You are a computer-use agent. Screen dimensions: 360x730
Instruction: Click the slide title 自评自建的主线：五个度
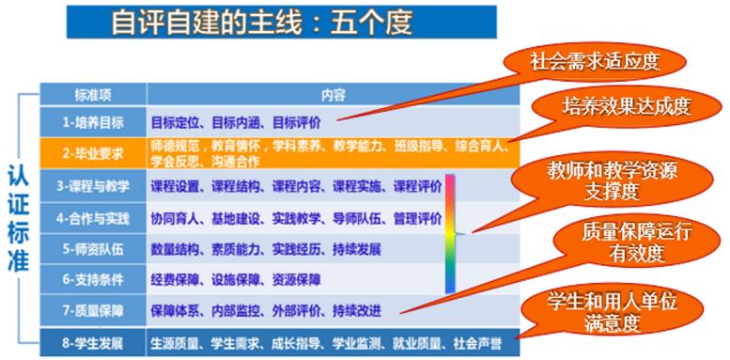pyautogui.click(x=261, y=22)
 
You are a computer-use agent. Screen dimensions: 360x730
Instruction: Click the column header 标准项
pyautogui.click(x=93, y=95)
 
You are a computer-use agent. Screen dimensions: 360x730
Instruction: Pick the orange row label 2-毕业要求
pyautogui.click(x=95, y=151)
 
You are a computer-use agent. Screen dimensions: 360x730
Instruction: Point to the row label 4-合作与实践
pyautogui.click(x=93, y=217)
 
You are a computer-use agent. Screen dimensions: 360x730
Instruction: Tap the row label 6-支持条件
pyautogui.click(x=93, y=279)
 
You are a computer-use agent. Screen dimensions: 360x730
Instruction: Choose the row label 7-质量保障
pyautogui.click(x=93, y=309)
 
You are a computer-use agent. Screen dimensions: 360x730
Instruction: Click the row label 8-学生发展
pyautogui.click(x=93, y=342)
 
